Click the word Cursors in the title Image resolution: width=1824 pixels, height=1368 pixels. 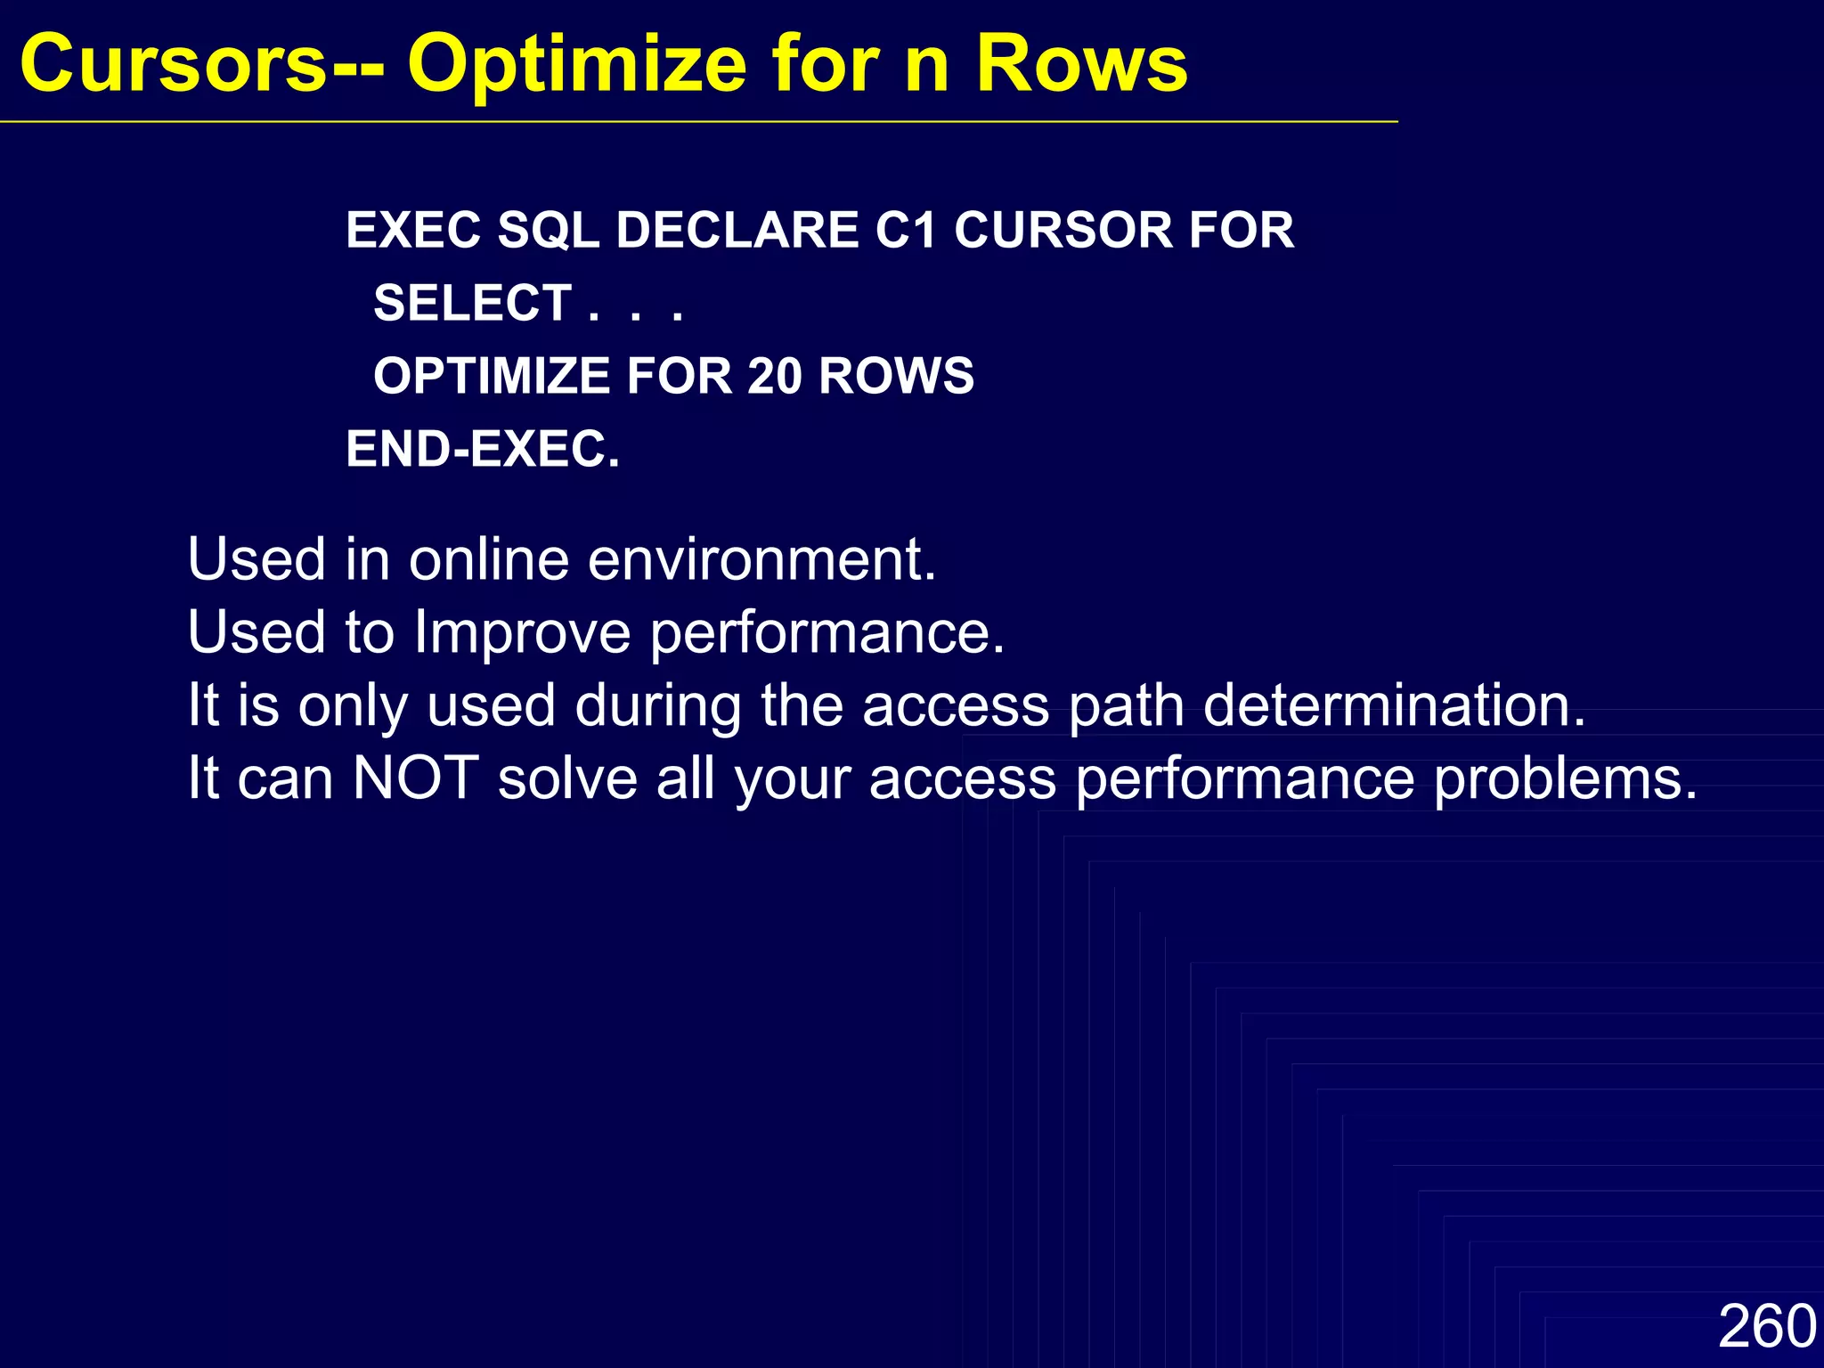pos(174,64)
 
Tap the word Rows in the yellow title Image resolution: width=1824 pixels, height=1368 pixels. pos(1081,64)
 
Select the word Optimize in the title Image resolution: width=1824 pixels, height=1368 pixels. pos(576,64)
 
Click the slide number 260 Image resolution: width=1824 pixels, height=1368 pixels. pos(1766,1326)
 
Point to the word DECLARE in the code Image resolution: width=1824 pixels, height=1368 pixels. pos(737,231)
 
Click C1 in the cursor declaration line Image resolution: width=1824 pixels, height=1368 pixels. pos(906,231)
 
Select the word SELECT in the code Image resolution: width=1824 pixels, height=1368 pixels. pos(472,304)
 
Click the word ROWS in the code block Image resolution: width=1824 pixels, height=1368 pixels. pos(896,376)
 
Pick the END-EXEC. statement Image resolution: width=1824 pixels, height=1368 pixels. pos(483,449)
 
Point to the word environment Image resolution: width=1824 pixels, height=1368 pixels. pos(761,560)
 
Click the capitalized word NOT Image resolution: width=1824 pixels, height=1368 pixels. pos(416,778)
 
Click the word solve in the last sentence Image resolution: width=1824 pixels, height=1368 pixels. pos(567,778)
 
